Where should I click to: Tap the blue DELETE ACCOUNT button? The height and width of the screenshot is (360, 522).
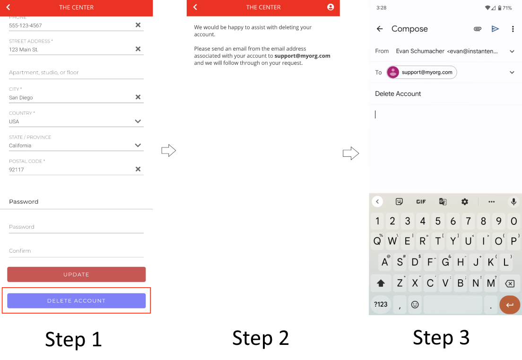coord(76,300)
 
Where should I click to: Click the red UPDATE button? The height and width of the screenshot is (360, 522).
coord(76,274)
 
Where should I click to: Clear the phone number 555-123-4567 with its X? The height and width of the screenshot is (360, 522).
coord(138,25)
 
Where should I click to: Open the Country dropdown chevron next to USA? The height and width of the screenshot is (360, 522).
coord(138,121)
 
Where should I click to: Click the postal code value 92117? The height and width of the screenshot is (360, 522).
coord(17,169)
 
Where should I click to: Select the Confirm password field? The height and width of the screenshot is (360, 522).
coord(76,251)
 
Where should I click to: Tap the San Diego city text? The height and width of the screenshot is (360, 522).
coord(21,97)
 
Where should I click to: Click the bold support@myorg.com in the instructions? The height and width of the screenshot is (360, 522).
coord(302,56)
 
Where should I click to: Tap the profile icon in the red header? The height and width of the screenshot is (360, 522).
coord(330,7)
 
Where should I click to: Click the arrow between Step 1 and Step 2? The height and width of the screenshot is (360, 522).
coord(168,150)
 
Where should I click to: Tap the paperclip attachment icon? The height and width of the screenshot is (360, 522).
coord(478,29)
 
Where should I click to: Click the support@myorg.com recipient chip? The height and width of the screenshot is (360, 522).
coord(421,72)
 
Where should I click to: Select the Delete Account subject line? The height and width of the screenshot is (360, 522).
coord(398,94)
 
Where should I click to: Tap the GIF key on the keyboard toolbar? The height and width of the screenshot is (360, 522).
coord(421,202)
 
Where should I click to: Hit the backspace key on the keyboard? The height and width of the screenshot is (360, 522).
coord(510,283)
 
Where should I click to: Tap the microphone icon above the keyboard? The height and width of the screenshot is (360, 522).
coord(513,201)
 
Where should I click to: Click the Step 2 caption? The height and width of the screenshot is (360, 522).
coord(261,338)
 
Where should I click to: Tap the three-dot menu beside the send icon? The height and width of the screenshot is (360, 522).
coord(513,29)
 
